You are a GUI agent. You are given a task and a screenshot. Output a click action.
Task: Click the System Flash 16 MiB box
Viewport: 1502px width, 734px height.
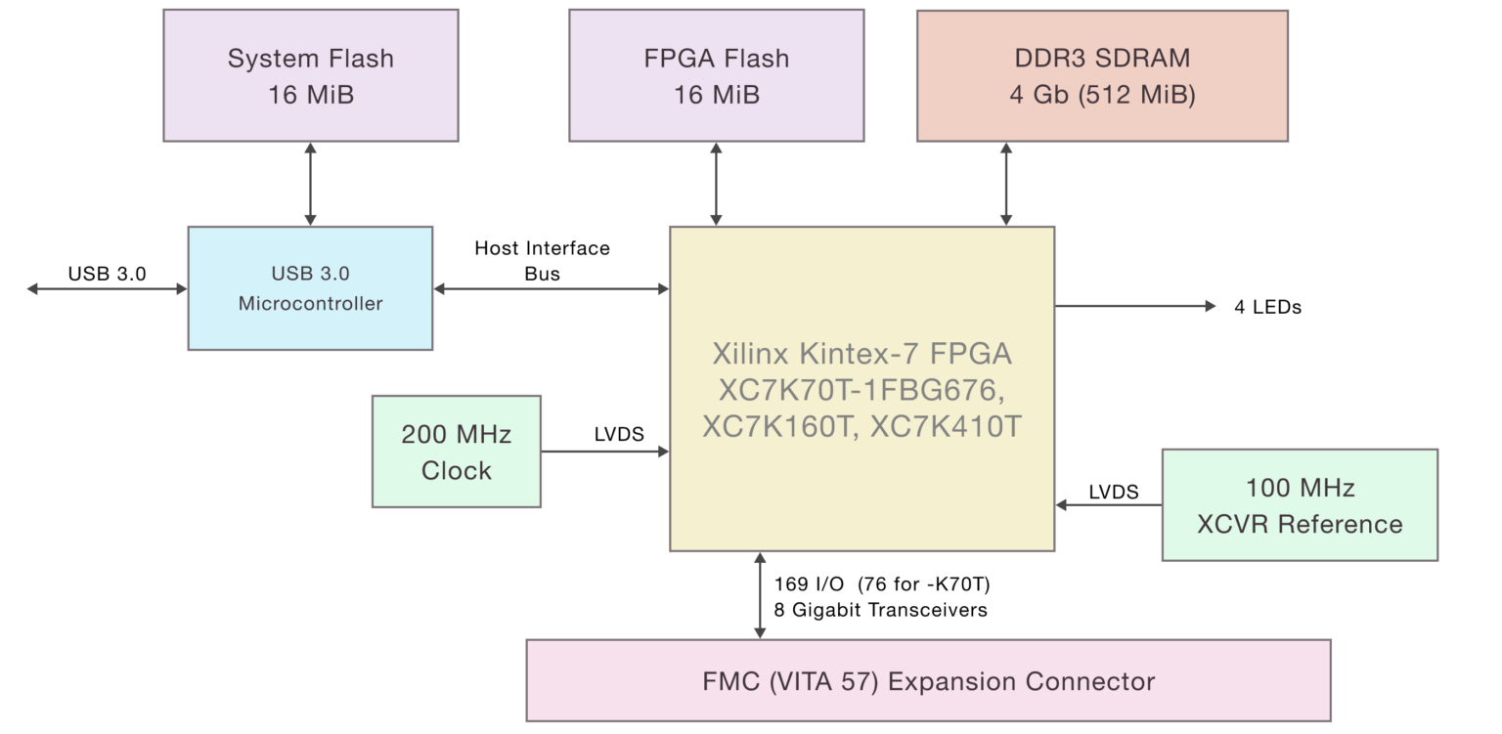(310, 75)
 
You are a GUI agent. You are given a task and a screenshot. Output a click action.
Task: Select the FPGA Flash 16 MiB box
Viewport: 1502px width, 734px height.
(716, 75)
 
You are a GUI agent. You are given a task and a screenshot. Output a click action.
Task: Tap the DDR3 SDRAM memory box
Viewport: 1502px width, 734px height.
(1102, 75)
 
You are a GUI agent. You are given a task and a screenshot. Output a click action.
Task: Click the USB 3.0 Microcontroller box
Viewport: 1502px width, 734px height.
(310, 288)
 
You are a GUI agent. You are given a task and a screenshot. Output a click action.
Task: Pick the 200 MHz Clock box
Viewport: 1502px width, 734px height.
(456, 452)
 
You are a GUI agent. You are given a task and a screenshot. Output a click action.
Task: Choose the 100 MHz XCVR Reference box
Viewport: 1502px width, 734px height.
(1300, 505)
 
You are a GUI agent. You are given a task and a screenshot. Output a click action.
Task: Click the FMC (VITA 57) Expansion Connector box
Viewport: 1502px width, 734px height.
(928, 681)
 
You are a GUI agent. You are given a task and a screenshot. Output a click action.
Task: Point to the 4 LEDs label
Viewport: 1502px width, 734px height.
(1267, 307)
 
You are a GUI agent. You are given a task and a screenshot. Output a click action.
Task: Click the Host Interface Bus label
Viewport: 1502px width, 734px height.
(542, 261)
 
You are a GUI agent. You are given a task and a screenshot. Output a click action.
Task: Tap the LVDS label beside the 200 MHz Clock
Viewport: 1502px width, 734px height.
(619, 434)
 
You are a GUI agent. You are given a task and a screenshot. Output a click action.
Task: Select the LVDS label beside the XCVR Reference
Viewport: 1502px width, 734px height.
(1113, 492)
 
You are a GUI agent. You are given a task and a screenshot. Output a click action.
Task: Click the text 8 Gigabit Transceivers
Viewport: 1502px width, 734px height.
(880, 610)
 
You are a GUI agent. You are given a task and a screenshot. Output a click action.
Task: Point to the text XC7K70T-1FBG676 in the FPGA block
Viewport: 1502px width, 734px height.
(861, 390)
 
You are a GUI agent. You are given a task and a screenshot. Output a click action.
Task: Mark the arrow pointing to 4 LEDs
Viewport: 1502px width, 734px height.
(1134, 306)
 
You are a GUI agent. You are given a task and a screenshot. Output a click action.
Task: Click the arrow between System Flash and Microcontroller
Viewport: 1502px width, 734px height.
(310, 184)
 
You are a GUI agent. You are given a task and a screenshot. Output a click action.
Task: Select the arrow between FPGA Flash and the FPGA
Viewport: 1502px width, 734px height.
(716, 184)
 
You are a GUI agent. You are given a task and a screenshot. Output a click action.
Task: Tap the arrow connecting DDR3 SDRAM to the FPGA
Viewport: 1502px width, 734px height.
(1005, 184)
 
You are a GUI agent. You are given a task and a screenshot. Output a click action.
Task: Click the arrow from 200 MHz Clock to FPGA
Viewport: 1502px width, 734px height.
(604, 452)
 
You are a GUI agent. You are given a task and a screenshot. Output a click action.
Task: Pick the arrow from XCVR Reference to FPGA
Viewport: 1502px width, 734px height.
(1108, 505)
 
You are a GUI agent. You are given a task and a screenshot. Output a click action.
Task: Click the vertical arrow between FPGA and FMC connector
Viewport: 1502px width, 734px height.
(760, 595)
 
